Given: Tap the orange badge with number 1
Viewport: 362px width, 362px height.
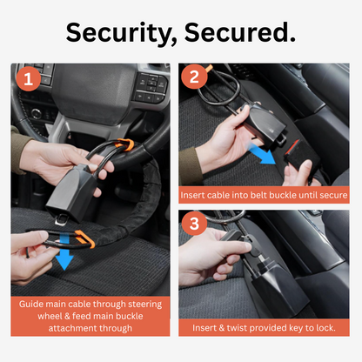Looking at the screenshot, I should (27, 81).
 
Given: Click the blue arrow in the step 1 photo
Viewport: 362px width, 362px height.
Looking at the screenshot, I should (62, 261).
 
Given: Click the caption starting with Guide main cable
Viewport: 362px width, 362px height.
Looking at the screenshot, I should (91, 317).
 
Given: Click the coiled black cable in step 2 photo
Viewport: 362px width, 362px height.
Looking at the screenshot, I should (228, 87).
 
